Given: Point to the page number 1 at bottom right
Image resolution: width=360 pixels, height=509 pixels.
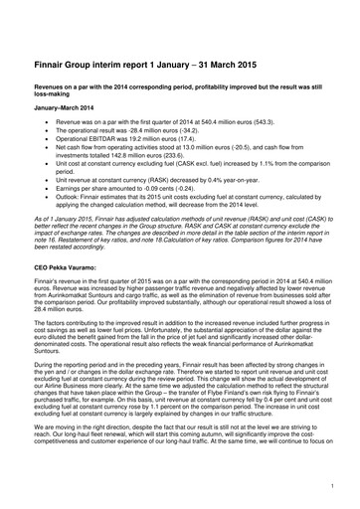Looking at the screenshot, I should (328, 485).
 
